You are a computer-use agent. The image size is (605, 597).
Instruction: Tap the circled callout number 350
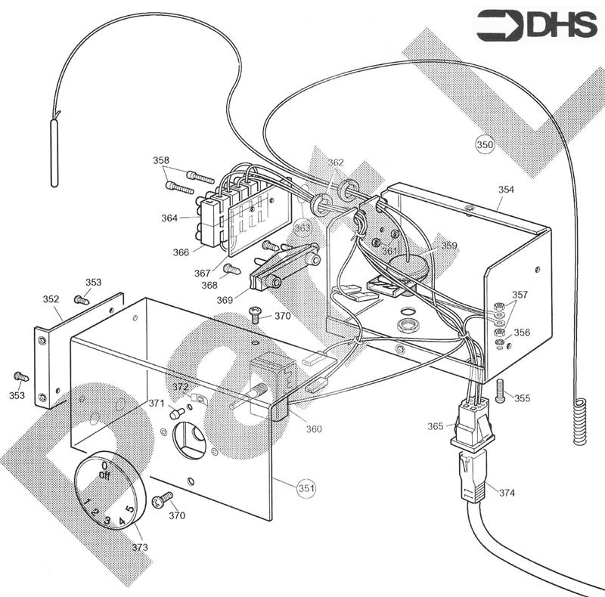click(485, 143)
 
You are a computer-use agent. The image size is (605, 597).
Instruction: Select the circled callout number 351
click(306, 488)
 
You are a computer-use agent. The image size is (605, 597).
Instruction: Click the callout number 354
click(505, 190)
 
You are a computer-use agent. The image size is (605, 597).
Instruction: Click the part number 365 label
click(435, 426)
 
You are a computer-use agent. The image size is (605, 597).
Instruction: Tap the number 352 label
click(51, 299)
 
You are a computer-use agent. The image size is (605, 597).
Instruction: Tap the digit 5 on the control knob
click(130, 509)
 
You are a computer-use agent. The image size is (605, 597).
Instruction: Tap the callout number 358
click(161, 160)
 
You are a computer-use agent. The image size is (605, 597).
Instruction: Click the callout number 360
click(314, 428)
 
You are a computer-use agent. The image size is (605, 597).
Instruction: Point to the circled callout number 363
click(302, 227)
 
